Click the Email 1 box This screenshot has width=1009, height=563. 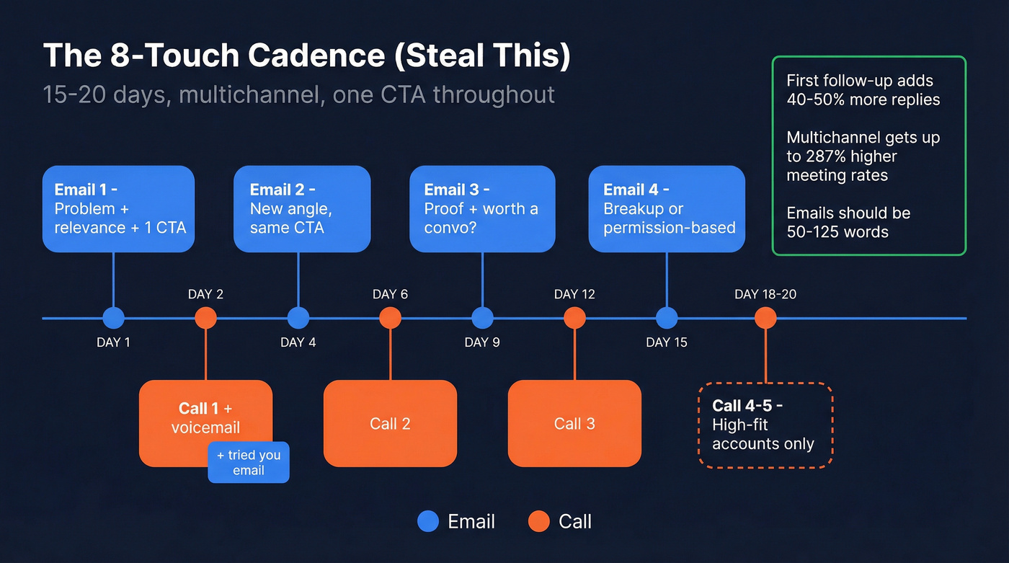coord(118,209)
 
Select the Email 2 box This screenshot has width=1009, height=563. coord(302,209)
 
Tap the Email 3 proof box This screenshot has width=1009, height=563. coord(482,209)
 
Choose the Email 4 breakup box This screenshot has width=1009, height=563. coord(667,209)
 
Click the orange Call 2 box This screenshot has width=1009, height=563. coord(390,424)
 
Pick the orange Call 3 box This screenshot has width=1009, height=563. coord(574,424)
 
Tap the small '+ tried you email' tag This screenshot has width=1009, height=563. coord(249,463)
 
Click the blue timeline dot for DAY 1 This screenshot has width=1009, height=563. coord(113,318)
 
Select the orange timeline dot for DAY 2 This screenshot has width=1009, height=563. coord(205,318)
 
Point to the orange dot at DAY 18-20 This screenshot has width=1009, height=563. coord(765,318)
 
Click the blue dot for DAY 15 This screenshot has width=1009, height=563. coord(667,318)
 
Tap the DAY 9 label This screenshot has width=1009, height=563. coord(482,342)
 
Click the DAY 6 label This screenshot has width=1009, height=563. coord(390,294)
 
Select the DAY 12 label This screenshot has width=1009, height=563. coord(574,294)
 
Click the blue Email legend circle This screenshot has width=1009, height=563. coord(428,522)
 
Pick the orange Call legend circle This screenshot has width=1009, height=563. coord(539,522)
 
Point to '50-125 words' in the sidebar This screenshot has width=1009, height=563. coord(837,232)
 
